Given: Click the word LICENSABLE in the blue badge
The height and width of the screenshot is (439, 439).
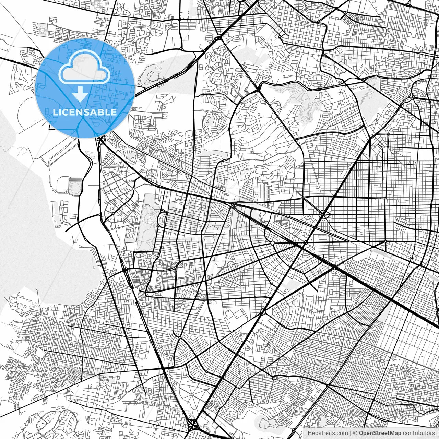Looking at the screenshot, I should (x=85, y=112).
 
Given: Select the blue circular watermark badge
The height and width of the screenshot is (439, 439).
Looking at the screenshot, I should (x=85, y=88).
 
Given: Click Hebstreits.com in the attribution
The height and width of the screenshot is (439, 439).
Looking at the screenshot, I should (x=328, y=433).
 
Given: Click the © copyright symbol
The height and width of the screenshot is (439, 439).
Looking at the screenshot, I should (x=355, y=433).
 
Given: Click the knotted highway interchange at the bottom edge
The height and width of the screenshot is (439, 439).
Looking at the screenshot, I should (x=192, y=424).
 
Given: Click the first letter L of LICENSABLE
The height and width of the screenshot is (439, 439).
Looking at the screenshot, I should (x=55, y=112).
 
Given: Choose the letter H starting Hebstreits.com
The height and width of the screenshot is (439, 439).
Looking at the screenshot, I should (x=310, y=433).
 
